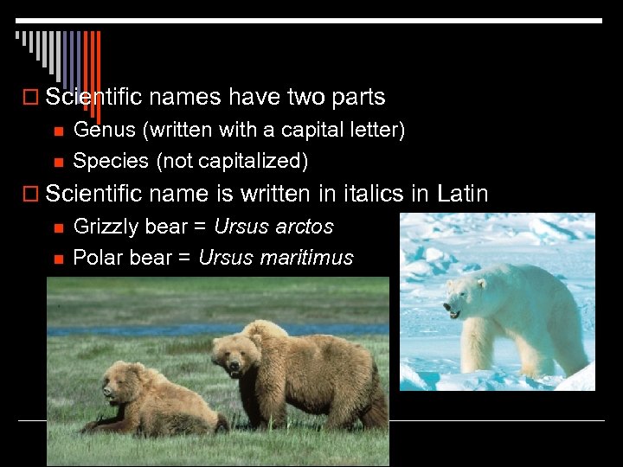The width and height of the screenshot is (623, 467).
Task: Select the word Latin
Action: pyautogui.click(x=463, y=194)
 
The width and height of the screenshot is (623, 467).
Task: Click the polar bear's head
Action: pyautogui.click(x=462, y=295)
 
